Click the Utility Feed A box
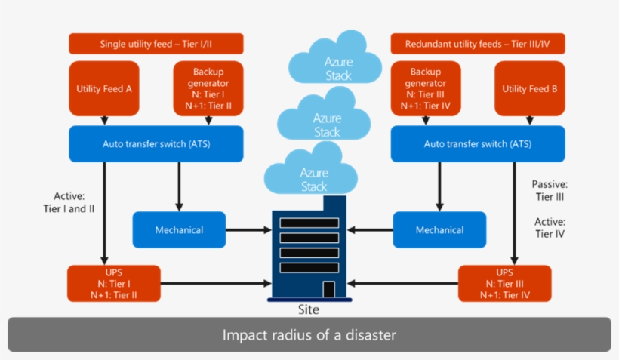click(x=104, y=89)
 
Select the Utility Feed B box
click(x=529, y=89)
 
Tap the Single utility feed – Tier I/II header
click(x=156, y=44)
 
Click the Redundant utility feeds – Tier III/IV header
click(x=477, y=44)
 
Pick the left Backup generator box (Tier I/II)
click(x=208, y=89)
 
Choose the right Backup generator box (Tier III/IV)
click(x=425, y=89)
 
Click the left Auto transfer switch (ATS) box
click(x=156, y=143)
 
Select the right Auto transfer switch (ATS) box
click(x=477, y=143)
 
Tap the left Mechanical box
click(x=179, y=229)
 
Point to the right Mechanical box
click(x=439, y=229)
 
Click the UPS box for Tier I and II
click(x=114, y=284)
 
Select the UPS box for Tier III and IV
click(x=504, y=284)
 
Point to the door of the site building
click(x=328, y=289)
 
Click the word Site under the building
click(x=309, y=309)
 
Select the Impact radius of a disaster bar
click(x=309, y=334)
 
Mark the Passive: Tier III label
click(x=550, y=190)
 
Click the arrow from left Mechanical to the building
click(x=249, y=229)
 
